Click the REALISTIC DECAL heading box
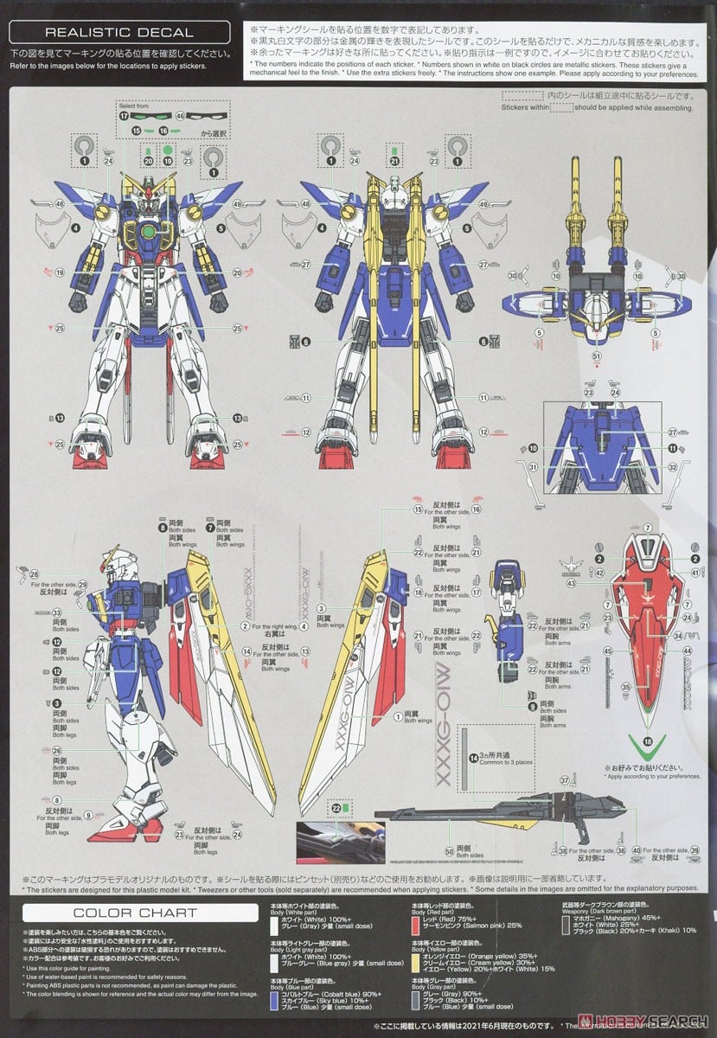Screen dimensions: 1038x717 pyautogui.click(x=119, y=33)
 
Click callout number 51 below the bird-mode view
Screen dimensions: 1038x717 pyautogui.click(x=596, y=356)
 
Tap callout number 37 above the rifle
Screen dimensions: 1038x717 pyautogui.click(x=563, y=781)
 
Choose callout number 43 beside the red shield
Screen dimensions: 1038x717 pyautogui.click(x=595, y=583)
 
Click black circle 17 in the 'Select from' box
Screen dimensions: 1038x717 pyautogui.click(x=124, y=115)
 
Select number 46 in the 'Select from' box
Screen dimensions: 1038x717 pyautogui.click(x=180, y=115)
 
